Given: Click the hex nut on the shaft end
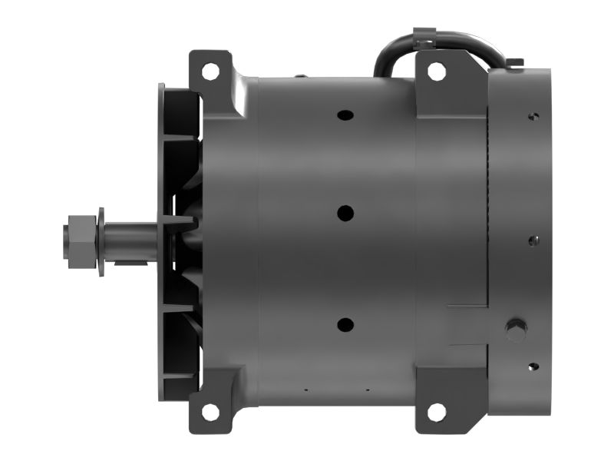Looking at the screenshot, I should click(80, 231).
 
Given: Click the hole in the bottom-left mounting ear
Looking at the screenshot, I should click(210, 412).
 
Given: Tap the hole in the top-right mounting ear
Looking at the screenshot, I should click(436, 71).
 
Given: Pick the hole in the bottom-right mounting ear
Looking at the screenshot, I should click(436, 412).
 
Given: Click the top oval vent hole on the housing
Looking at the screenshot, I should click(345, 115).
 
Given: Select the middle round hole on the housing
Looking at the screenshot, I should click(345, 212).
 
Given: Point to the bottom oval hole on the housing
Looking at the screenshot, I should click(345, 325).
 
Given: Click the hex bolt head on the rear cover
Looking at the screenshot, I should click(516, 331).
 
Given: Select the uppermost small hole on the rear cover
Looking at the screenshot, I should click(533, 116).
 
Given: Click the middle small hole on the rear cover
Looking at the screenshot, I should click(533, 240).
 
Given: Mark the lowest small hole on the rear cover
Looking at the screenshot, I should click(533, 366).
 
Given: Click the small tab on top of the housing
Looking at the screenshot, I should click(300, 75).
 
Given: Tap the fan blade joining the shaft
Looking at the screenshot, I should click(180, 223).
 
